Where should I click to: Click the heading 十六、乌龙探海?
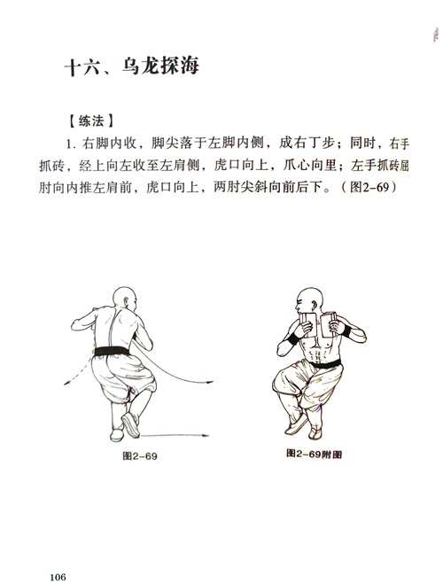(132, 67)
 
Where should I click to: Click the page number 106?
(58, 577)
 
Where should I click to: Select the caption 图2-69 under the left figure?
(140, 455)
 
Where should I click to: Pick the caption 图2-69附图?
(314, 454)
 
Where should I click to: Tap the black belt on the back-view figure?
(112, 352)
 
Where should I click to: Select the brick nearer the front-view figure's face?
(308, 325)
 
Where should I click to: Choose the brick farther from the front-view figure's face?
(329, 324)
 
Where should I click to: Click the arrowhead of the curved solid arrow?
(210, 382)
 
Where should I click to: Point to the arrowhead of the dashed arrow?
(67, 383)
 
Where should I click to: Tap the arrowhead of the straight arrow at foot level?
(206, 435)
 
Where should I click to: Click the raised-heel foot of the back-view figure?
(130, 424)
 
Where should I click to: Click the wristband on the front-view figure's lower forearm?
(293, 339)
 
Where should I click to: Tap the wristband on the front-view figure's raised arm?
(346, 330)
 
